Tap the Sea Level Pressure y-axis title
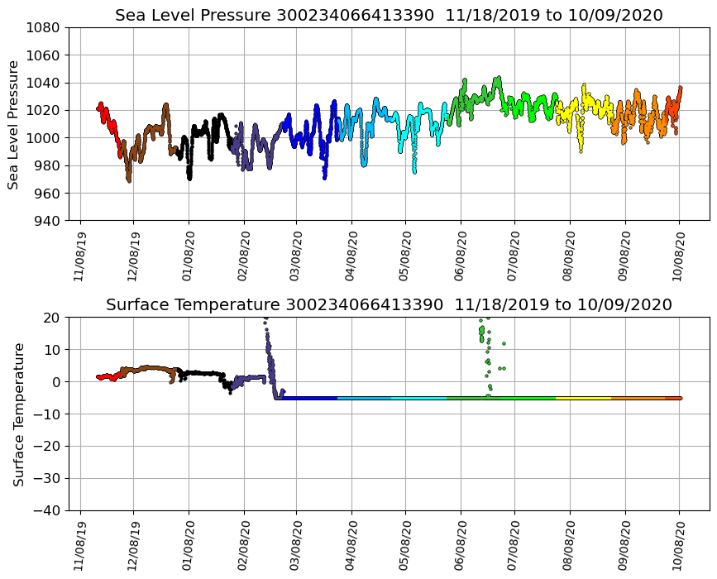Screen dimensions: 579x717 [14, 124]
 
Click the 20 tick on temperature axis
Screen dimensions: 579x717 [53, 318]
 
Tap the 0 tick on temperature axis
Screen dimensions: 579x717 [56, 382]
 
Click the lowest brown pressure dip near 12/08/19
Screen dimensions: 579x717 [129, 179]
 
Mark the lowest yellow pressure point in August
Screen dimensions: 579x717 [581, 151]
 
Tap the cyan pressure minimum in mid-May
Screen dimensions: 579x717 [414, 171]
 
